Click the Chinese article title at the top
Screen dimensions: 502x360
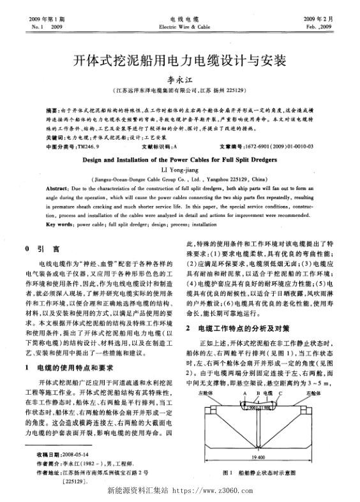click(x=179, y=61)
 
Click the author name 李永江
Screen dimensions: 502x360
click(x=179, y=80)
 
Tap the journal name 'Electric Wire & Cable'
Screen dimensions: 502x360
click(x=179, y=28)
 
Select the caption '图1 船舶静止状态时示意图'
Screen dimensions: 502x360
click(x=258, y=472)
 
